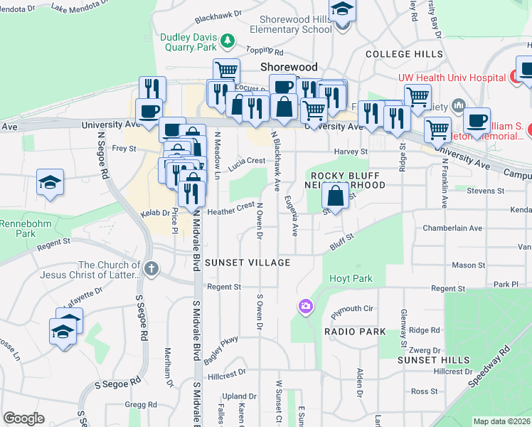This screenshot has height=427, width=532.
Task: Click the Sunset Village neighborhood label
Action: (x=248, y=263)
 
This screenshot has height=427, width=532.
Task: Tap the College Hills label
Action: (x=404, y=54)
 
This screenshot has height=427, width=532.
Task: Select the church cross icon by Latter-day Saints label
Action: (x=150, y=269)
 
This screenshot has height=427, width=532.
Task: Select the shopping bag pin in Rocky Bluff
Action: (x=335, y=195)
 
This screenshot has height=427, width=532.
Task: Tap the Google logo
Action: (x=23, y=418)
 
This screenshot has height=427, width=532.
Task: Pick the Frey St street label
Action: (x=124, y=149)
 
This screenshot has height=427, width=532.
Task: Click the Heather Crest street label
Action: (x=230, y=209)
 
